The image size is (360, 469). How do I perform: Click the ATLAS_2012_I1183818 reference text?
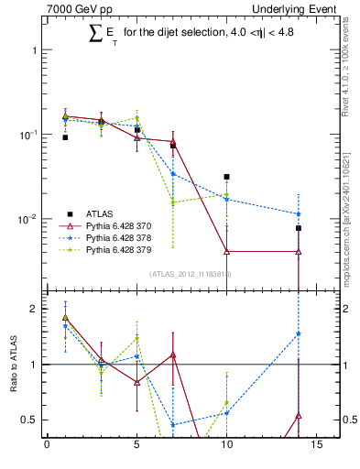click(191, 273)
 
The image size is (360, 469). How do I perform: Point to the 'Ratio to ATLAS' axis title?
click(13, 364)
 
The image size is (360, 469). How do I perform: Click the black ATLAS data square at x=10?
click(226, 177)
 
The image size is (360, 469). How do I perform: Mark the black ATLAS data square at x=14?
click(299, 228)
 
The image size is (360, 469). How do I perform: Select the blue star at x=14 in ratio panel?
click(299, 333)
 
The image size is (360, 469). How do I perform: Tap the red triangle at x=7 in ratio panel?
click(172, 354)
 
